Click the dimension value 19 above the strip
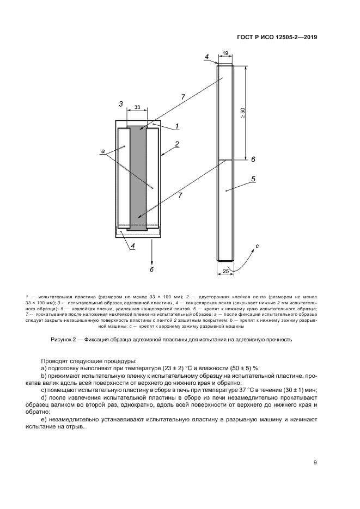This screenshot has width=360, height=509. (225, 53)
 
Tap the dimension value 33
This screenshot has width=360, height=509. (136, 107)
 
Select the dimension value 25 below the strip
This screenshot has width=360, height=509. (225, 270)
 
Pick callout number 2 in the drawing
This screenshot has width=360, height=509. (176, 144)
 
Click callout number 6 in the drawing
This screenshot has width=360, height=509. (253, 159)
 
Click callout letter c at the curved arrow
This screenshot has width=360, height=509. (257, 246)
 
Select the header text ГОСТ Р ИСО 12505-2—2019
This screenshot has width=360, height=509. (277, 38)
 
